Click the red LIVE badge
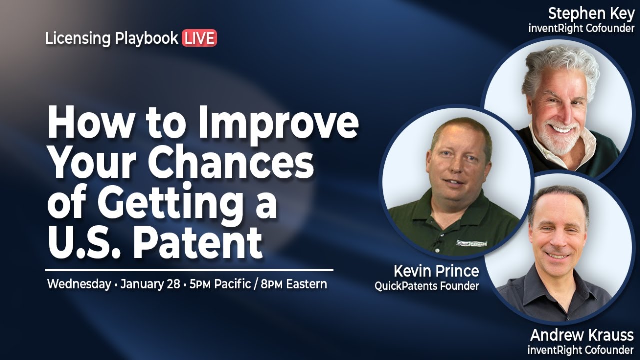point(199,38)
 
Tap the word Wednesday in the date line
point(79,284)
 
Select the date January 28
point(150,284)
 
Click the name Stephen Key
point(591,13)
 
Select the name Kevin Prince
point(436,271)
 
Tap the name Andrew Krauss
point(582,335)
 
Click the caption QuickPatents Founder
point(427,286)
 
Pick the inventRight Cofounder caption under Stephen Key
point(581,28)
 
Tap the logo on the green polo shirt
point(471,243)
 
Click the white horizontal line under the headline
point(189,270)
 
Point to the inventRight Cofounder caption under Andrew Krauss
point(580,350)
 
